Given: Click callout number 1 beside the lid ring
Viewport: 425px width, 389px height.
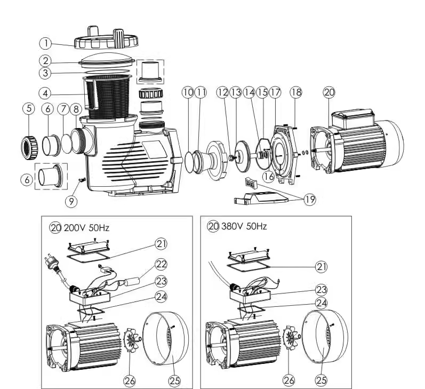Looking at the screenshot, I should click(x=47, y=43).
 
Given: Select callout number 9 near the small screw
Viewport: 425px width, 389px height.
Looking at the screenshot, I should click(x=71, y=201).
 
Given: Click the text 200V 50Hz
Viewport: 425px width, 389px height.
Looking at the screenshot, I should click(x=87, y=227).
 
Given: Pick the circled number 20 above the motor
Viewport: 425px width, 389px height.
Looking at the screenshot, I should click(x=330, y=92).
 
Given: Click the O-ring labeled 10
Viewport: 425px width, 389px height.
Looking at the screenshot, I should click(x=189, y=158).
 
